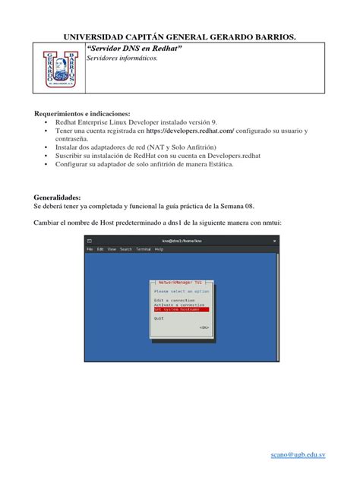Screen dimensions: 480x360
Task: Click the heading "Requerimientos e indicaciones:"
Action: click(82, 113)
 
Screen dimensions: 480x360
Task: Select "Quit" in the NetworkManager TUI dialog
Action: click(159, 319)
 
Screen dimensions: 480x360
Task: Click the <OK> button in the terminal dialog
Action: click(204, 327)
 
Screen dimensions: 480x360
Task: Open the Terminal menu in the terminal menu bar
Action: click(143, 249)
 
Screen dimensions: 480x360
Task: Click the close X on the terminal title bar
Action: click(273, 240)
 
